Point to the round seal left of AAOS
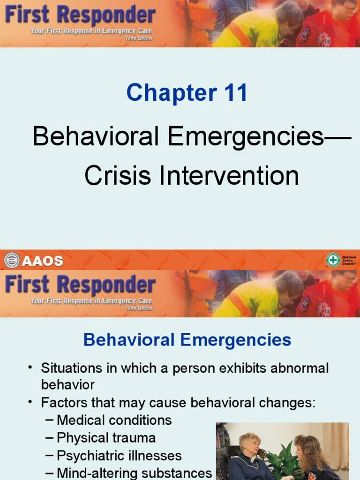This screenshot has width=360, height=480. (x=12, y=261)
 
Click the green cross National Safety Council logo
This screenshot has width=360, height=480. (x=333, y=260)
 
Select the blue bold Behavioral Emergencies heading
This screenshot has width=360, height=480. (x=187, y=340)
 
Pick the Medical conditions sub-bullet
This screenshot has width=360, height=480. (x=114, y=420)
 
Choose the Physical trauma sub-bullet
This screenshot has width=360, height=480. (x=106, y=438)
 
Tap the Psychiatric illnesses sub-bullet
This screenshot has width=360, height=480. (x=119, y=456)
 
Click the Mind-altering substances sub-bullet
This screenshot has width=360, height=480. (x=134, y=473)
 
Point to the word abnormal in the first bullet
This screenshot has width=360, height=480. (x=301, y=368)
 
